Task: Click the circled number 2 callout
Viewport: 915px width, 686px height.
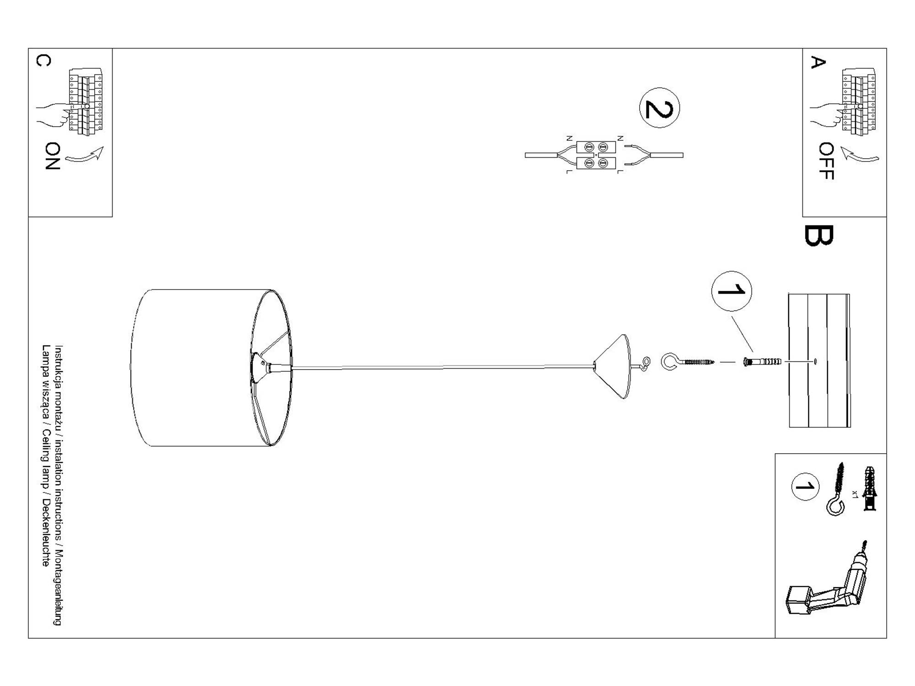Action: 659,108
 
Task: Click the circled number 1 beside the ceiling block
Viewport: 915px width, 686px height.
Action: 731,291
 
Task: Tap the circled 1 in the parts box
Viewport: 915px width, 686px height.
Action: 805,487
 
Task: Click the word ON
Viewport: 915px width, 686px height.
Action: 53,156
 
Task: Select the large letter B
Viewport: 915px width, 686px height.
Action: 818,236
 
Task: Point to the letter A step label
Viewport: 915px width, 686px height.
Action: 818,62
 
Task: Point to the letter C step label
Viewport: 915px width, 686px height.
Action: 43,60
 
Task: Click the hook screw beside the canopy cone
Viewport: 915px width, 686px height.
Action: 686,362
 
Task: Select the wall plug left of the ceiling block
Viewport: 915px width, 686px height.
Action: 762,362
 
